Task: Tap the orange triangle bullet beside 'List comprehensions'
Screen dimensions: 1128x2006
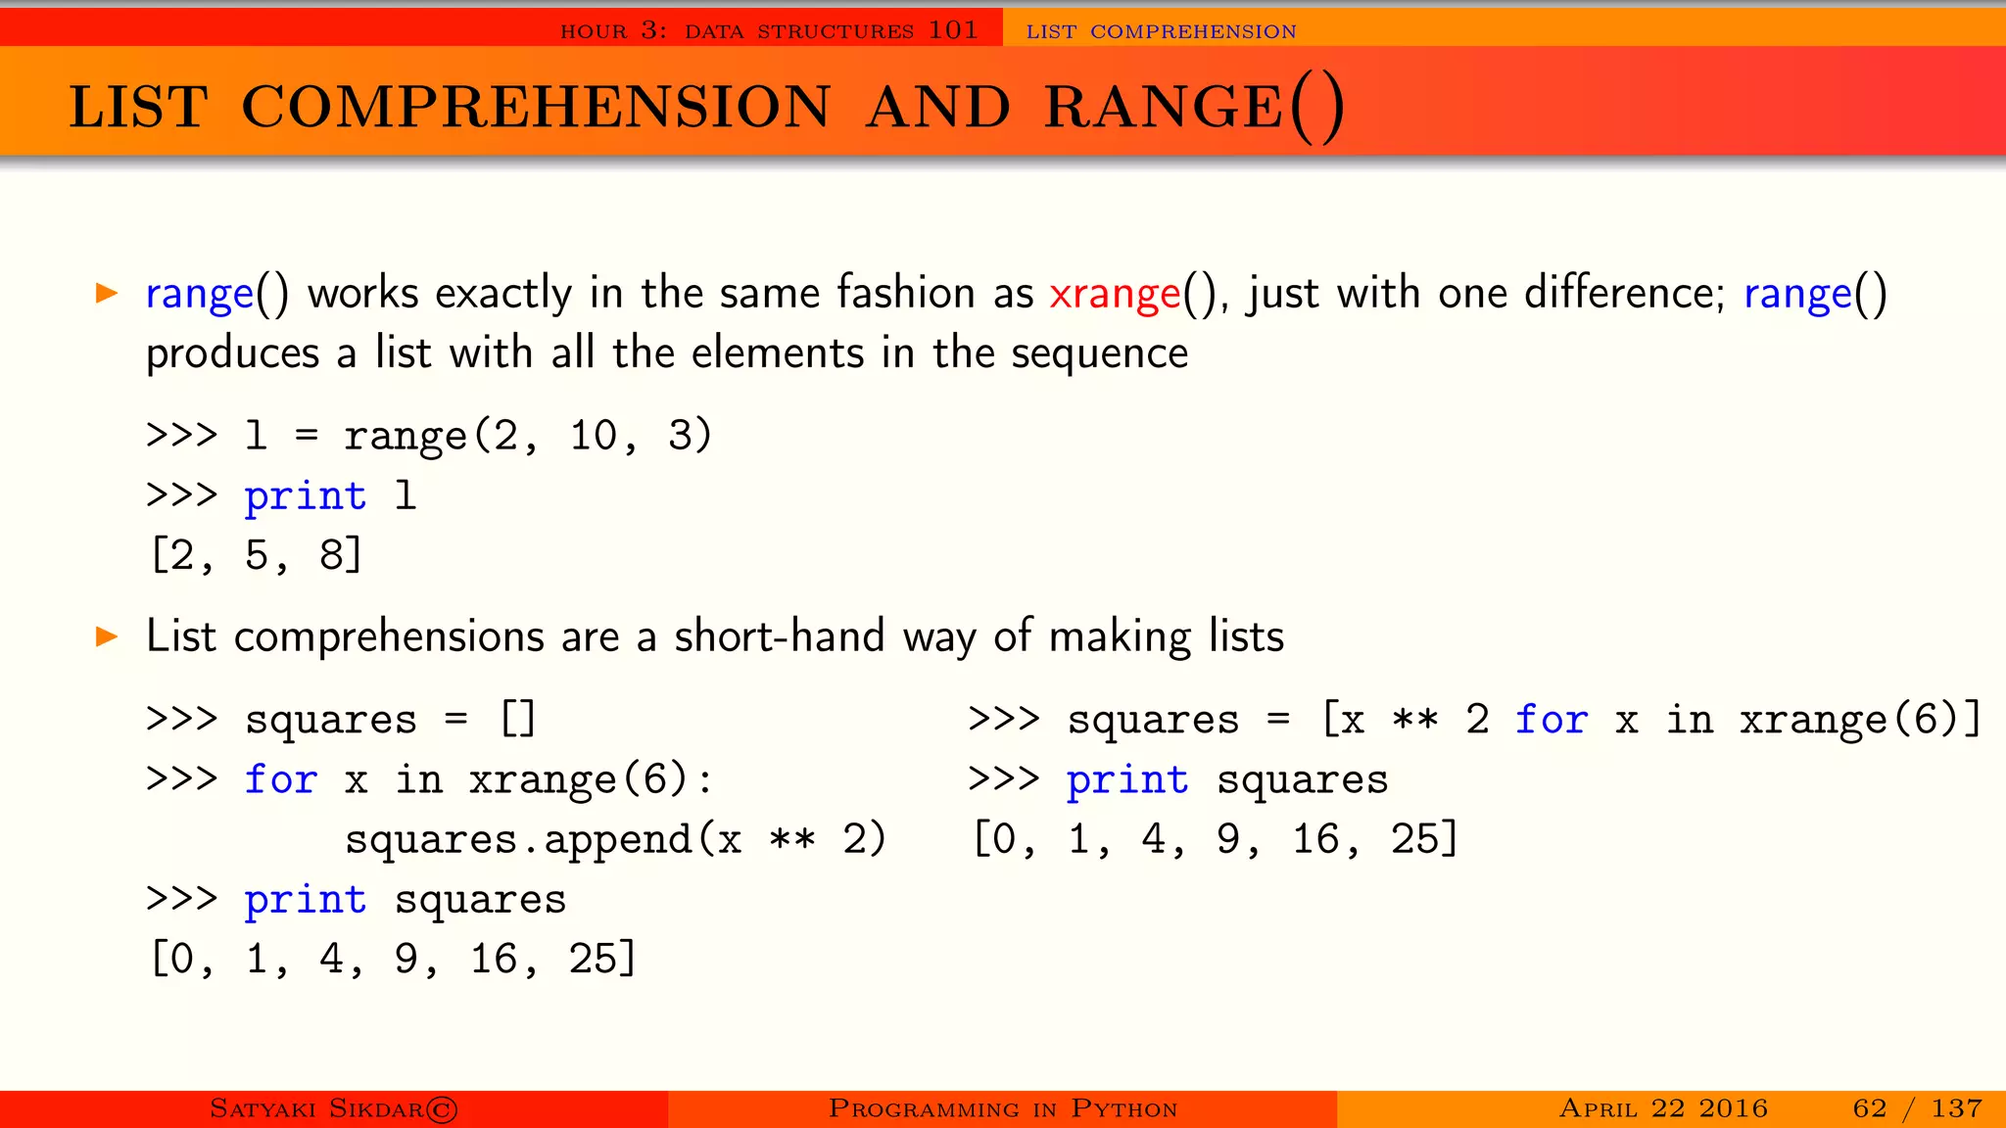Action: coord(107,637)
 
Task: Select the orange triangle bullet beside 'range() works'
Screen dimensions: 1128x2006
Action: coord(107,293)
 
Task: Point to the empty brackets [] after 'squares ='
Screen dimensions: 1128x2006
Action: coord(517,720)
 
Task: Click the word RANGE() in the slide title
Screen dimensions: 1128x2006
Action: coord(1193,108)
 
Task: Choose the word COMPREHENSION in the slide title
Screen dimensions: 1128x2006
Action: coord(536,108)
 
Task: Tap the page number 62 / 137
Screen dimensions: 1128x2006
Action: coord(1917,1108)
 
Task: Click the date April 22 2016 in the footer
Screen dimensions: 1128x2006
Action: coord(1663,1108)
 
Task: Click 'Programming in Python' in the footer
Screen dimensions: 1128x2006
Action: coord(1003,1108)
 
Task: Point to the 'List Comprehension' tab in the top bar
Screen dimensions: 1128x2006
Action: coord(1161,31)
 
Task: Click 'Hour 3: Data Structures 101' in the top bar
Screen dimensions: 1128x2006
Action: coord(769,31)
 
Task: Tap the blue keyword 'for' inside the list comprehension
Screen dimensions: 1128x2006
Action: coord(1551,720)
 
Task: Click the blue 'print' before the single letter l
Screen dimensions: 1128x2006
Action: coord(306,496)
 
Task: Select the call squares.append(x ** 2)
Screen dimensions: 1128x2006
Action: coord(615,840)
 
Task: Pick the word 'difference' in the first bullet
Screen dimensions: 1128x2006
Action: coord(1622,294)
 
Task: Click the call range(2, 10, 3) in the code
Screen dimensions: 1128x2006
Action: coord(527,436)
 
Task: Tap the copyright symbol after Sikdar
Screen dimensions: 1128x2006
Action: coord(442,1109)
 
